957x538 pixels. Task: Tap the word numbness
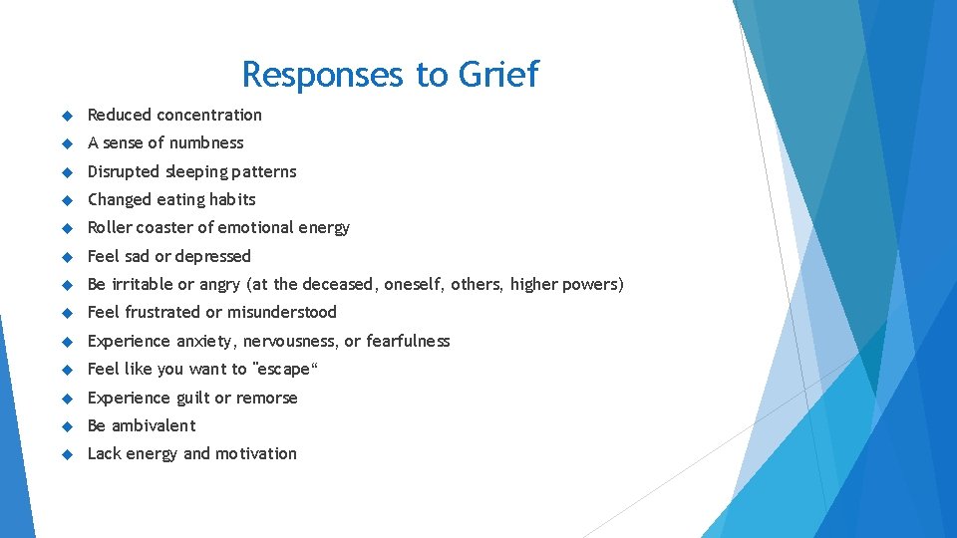[206, 142]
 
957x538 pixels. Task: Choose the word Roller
[109, 227]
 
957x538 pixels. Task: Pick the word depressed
[212, 256]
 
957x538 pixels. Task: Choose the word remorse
[266, 398]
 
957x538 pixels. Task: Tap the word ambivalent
[154, 425]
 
